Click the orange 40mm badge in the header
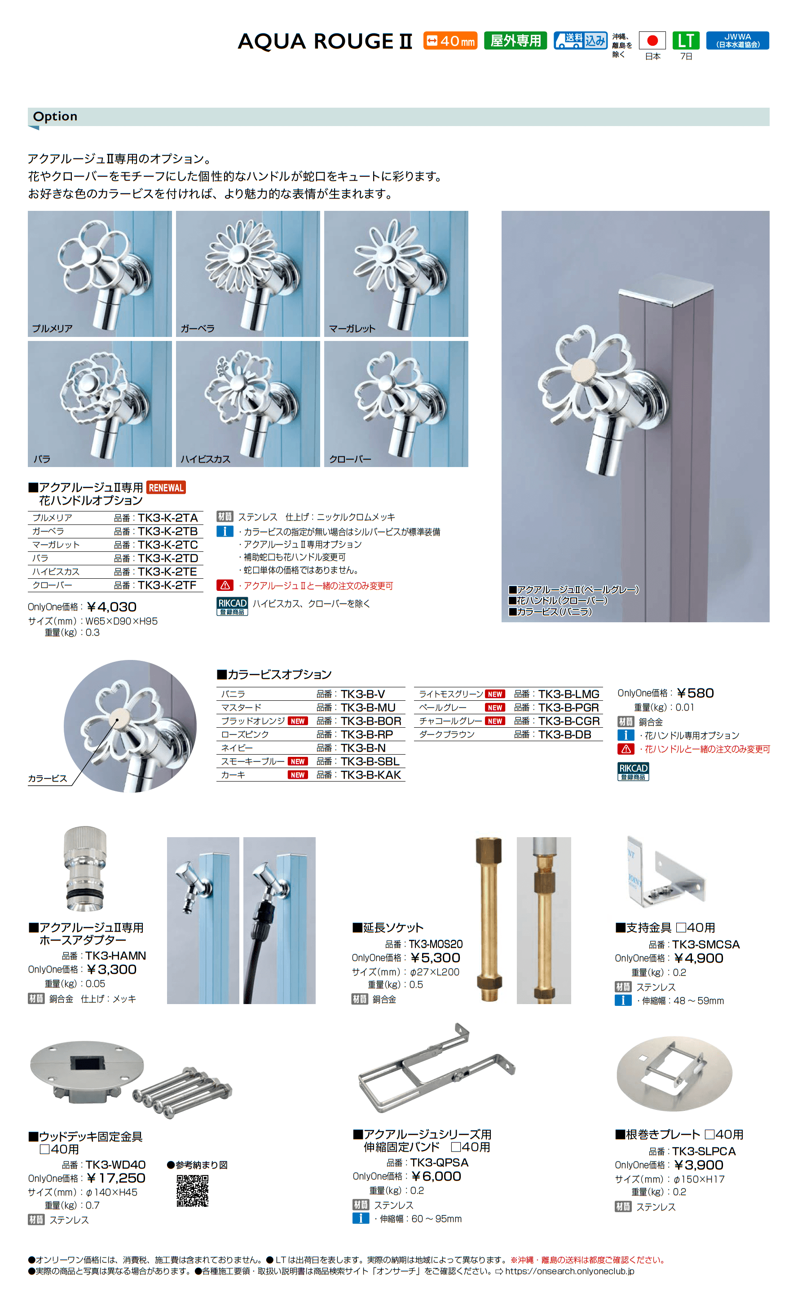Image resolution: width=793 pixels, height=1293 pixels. tap(450, 41)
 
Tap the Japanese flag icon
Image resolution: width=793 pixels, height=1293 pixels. tap(652, 41)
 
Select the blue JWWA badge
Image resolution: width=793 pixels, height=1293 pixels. tap(737, 41)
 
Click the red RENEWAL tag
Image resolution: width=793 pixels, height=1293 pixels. tap(166, 488)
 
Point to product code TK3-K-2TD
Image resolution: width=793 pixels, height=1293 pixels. tap(167, 558)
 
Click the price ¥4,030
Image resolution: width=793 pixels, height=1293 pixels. tap(112, 607)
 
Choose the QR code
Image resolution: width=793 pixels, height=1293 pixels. tap(192, 1191)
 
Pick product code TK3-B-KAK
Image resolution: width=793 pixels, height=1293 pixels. tap(371, 775)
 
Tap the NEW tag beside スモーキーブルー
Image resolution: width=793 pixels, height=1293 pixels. tap(298, 761)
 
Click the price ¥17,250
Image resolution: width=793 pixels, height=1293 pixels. tap(117, 1178)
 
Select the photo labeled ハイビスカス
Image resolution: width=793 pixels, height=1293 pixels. tap(248, 404)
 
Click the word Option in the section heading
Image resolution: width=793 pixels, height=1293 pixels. tap(55, 117)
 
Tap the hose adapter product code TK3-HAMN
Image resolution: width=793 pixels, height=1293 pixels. tap(115, 956)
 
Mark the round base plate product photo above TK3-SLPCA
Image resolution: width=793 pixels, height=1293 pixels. tap(674, 1074)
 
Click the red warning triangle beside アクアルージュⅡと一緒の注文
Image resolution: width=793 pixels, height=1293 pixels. tap(225, 585)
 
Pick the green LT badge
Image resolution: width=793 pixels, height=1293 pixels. tap(686, 41)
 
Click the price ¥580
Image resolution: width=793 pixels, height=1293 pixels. tap(695, 693)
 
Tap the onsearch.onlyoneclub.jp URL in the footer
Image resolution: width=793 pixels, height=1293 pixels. tap(569, 1271)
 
